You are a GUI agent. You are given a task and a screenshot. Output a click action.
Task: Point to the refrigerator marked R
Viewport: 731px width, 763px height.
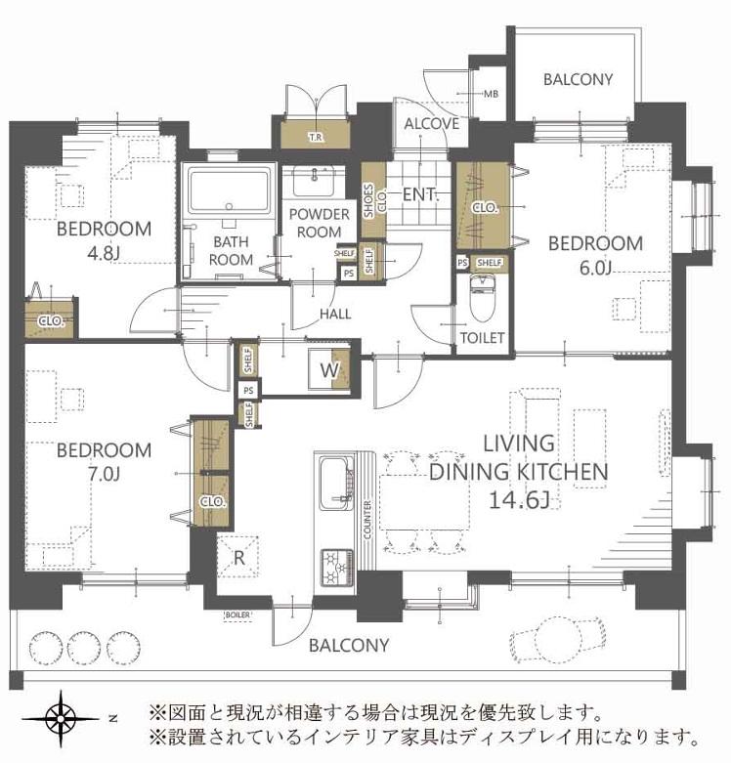[239, 560]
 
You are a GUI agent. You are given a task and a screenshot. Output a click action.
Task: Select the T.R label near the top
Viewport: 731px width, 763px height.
[316, 137]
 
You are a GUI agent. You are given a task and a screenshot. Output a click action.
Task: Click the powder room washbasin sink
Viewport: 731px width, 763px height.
[315, 180]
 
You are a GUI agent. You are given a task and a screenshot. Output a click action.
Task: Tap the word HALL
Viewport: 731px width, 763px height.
[335, 314]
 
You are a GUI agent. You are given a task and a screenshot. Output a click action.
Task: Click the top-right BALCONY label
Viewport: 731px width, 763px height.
[578, 80]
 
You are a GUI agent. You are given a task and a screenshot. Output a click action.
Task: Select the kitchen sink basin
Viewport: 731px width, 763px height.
[333, 479]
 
